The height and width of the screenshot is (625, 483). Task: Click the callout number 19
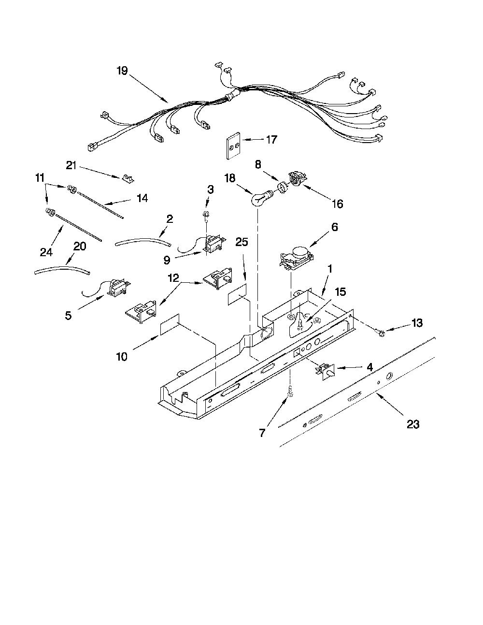tap(122, 71)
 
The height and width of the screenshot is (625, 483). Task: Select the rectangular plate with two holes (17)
tap(232, 145)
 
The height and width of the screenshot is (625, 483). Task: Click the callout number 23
tap(413, 424)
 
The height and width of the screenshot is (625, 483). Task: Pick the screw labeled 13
tap(381, 334)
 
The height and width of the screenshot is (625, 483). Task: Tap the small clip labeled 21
tap(127, 178)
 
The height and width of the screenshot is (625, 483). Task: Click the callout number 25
tap(241, 242)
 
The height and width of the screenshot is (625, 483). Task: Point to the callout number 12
tap(172, 278)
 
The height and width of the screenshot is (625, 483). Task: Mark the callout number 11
tap(40, 178)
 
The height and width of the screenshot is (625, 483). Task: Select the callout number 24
tap(46, 252)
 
